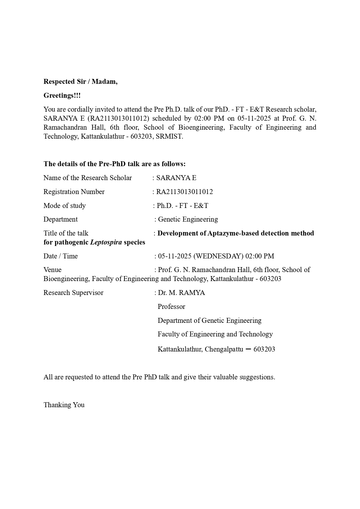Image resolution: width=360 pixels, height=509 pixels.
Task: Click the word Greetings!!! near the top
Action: click(62, 95)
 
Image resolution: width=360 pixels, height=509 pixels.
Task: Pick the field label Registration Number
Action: click(74, 192)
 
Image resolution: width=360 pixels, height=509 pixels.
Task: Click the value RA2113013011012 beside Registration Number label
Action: click(184, 192)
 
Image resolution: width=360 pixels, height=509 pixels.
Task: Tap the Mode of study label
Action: click(65, 206)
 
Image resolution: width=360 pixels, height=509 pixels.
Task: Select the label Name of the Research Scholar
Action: click(88, 178)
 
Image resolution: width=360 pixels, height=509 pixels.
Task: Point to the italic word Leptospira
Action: click(106, 242)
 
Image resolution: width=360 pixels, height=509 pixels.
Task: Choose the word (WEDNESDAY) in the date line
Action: click(218, 256)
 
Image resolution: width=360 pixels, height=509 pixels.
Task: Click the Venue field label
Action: click(53, 270)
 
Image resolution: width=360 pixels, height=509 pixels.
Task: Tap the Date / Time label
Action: click(61, 256)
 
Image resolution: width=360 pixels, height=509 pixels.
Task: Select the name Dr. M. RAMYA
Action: click(181, 293)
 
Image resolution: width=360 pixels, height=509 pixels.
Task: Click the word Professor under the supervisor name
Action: click(171, 307)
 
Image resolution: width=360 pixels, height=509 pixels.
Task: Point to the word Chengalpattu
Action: click(224, 349)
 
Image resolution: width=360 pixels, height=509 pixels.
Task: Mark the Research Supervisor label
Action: click(73, 293)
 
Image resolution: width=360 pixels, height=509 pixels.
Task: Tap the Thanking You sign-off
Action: click(64, 405)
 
